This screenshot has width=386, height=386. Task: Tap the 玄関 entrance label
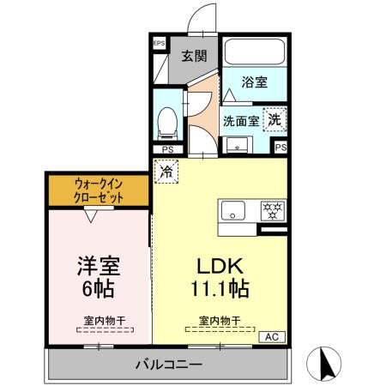click(x=194, y=57)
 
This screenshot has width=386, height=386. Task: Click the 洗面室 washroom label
click(x=241, y=121)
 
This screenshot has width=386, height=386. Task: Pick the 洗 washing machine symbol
click(x=274, y=119)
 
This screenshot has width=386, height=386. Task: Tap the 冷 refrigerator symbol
click(x=166, y=172)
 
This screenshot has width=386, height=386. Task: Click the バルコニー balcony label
click(x=168, y=365)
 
